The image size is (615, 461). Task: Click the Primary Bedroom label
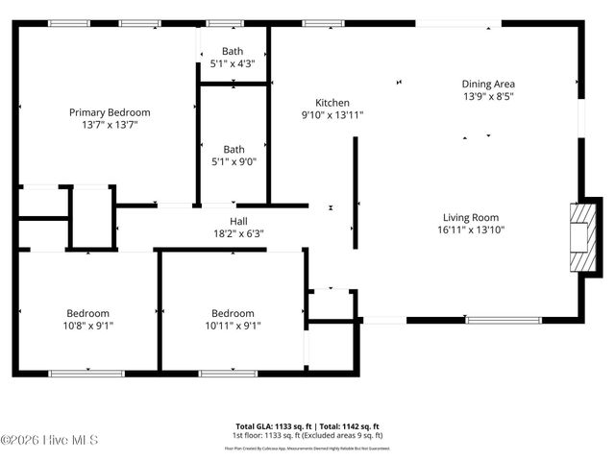pos(110,112)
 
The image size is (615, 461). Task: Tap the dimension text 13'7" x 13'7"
pos(110,125)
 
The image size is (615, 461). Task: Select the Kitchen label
pos(332,103)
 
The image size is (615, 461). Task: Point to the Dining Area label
pos(488,84)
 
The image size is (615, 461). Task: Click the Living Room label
pos(471,217)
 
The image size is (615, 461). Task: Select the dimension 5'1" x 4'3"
pos(234,63)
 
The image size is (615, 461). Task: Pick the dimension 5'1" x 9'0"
pos(234,161)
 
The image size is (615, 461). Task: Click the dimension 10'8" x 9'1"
pos(87,326)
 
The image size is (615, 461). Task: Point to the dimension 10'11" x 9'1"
pos(233,326)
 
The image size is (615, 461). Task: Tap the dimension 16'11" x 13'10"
pos(471,230)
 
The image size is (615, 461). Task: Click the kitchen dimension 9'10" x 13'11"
pos(332,115)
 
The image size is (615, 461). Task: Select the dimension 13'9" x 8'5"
pos(488,96)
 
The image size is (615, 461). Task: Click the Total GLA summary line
pos(307,425)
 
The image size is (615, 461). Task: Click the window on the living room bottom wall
pos(503,320)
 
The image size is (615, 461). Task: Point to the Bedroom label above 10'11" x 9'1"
pos(233,313)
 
